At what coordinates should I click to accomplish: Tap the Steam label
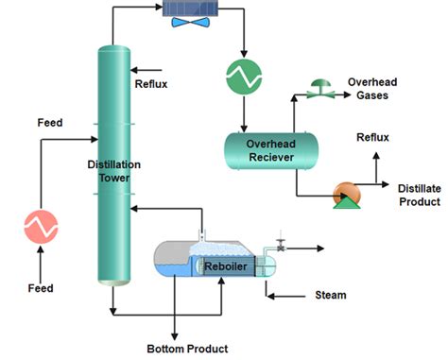(x=330, y=296)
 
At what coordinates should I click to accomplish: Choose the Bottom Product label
(x=187, y=348)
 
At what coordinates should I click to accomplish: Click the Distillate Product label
(x=418, y=194)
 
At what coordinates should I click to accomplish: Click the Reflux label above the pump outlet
(x=371, y=138)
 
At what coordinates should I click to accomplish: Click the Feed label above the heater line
(x=50, y=123)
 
